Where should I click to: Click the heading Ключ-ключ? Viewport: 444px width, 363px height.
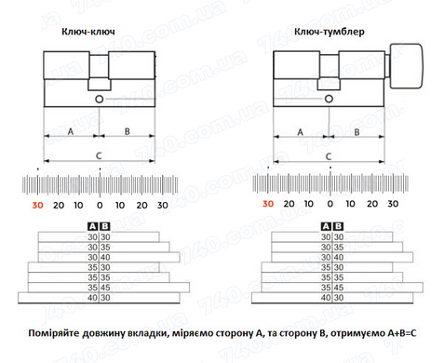[x=88, y=32]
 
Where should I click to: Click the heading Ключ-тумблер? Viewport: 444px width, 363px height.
[x=330, y=32]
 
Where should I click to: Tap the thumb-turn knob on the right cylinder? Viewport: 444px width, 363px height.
[x=406, y=66]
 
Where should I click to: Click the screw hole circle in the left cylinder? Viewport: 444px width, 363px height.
[x=99, y=100]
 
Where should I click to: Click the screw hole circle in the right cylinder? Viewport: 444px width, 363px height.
[x=329, y=99]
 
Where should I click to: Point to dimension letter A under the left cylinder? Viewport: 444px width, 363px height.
[x=71, y=131]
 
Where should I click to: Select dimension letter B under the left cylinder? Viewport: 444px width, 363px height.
[x=128, y=131]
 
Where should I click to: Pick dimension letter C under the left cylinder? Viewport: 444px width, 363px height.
[x=99, y=155]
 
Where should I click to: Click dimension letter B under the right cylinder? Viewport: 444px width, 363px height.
[x=357, y=132]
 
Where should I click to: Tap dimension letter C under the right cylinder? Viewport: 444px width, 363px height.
[x=329, y=156]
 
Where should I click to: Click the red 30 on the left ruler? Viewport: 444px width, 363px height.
[x=38, y=205]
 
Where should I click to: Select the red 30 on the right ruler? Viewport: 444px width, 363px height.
[x=268, y=204]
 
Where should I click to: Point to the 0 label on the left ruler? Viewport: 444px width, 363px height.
[x=100, y=205]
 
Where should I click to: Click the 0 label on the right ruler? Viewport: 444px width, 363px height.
[x=330, y=204]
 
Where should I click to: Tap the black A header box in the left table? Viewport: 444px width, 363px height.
[x=93, y=226]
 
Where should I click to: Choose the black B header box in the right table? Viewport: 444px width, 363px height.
[x=338, y=226]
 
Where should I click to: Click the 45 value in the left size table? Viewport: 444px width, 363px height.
[x=105, y=288]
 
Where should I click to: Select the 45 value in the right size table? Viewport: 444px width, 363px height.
[x=339, y=288]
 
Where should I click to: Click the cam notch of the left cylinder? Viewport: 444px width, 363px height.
[x=100, y=84]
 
